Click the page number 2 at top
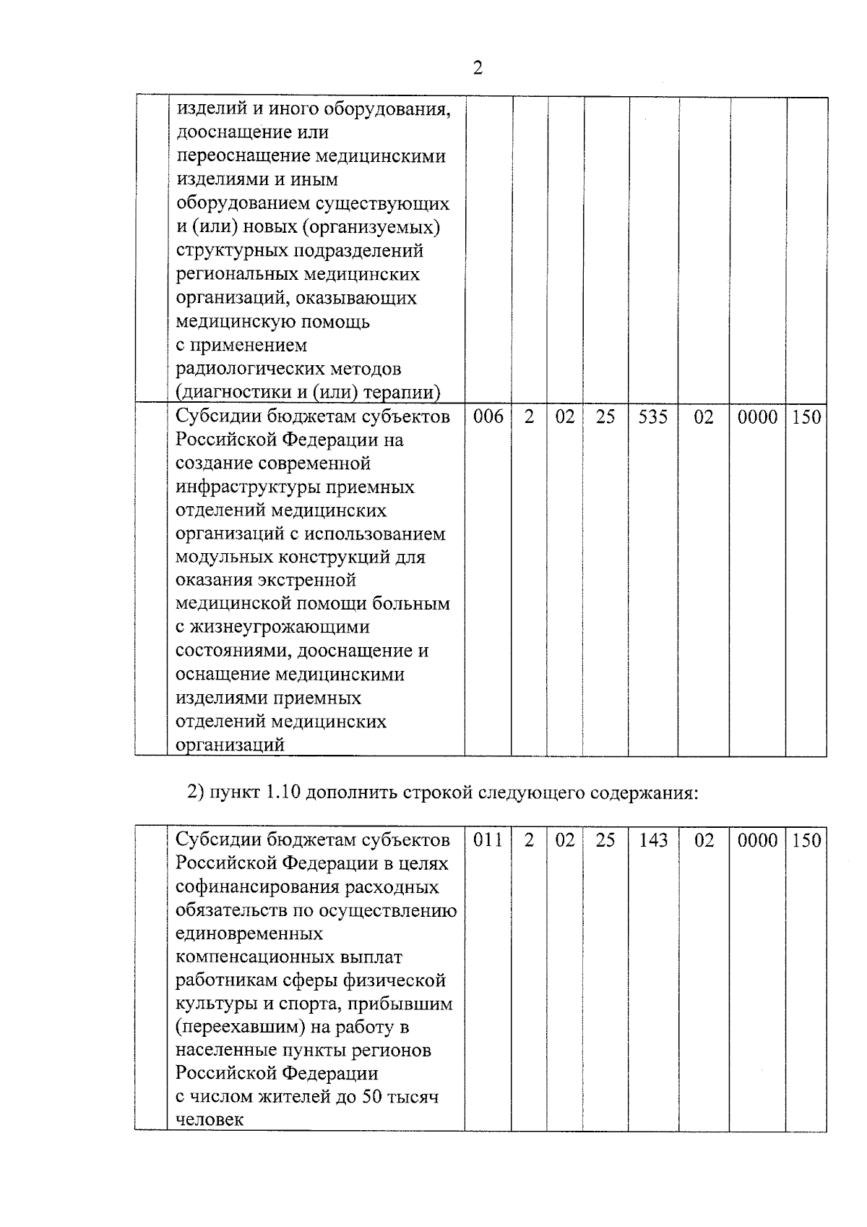click(478, 69)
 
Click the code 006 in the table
click(488, 417)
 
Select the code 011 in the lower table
click(488, 840)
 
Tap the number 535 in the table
click(653, 417)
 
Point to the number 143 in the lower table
click(653, 840)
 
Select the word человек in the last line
click(210, 1120)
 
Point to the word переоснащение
click(242, 156)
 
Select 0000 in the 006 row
click(757, 417)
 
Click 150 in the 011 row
click(806, 840)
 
